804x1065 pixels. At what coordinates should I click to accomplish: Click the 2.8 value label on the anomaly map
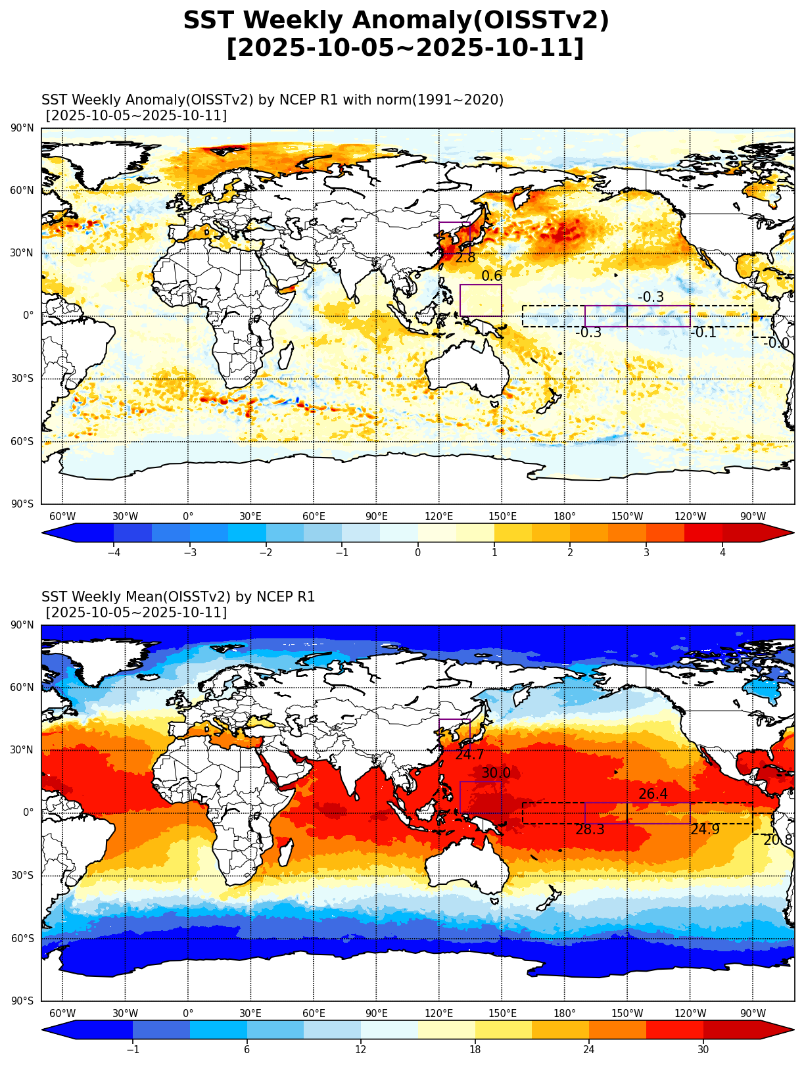[x=465, y=258]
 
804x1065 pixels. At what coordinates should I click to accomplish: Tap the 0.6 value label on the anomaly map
[x=491, y=276]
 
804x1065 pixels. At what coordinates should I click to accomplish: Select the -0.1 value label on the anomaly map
[x=703, y=333]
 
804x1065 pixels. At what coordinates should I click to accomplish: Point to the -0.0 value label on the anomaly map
[x=776, y=343]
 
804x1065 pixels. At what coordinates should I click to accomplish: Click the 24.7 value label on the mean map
[x=469, y=755]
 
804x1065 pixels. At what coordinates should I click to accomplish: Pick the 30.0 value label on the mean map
[x=496, y=773]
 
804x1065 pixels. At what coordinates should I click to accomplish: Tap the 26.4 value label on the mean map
[x=653, y=794]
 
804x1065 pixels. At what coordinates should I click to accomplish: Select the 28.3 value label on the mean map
[x=590, y=830]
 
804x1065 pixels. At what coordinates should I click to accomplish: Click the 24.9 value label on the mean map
[x=705, y=830]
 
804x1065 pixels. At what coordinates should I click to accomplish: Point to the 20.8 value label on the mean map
[x=778, y=840]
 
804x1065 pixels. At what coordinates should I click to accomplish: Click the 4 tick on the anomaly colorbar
[x=722, y=553]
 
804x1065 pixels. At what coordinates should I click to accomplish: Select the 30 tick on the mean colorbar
[x=703, y=1050]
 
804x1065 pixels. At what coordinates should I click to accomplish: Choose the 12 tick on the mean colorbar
[x=361, y=1050]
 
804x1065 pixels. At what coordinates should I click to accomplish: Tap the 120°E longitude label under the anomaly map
[x=439, y=516]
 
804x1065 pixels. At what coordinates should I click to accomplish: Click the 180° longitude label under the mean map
[x=565, y=1013]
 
